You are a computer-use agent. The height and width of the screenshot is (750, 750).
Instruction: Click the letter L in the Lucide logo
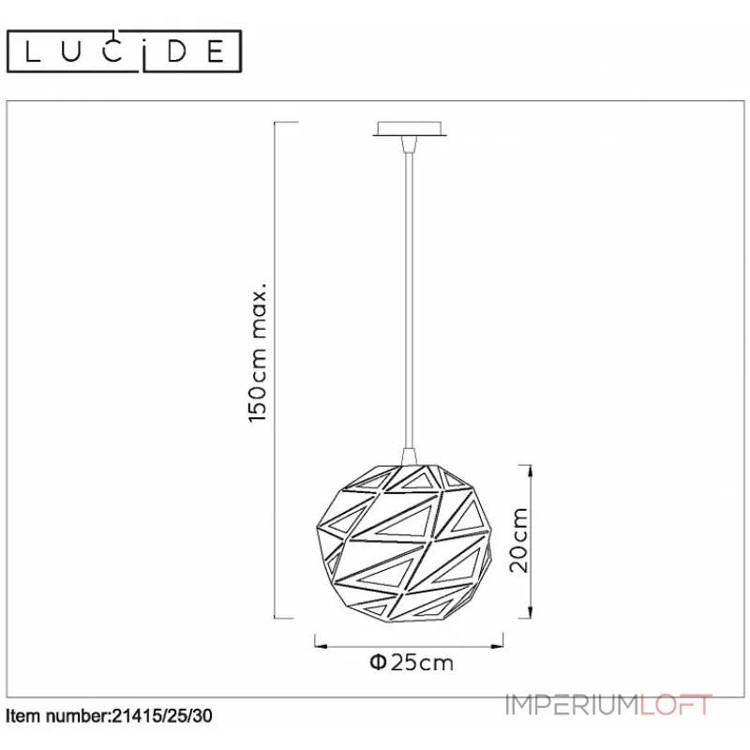tap(32, 52)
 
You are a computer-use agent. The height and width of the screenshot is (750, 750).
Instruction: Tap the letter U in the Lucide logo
tap(71, 52)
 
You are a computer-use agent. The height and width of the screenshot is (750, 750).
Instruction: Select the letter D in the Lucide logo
tap(176, 52)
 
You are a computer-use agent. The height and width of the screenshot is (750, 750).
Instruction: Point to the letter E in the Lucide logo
tap(217, 52)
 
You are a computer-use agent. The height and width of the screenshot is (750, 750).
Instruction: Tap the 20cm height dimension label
tap(519, 540)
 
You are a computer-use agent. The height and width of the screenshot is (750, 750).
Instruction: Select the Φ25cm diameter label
tap(412, 663)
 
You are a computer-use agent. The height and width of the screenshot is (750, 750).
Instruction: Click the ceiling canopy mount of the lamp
tap(410, 129)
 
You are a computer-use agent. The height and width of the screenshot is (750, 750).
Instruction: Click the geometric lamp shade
tap(405, 543)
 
